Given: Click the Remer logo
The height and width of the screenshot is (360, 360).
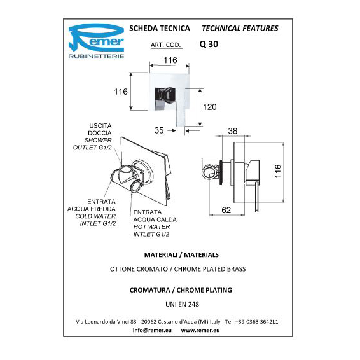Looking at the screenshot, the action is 96,41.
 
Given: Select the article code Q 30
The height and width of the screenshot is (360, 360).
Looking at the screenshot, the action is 209,44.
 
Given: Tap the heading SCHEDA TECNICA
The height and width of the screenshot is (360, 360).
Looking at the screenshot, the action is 160,28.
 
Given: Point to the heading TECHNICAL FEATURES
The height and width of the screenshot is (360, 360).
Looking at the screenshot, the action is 240,28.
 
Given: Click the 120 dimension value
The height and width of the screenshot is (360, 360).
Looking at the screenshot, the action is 210,107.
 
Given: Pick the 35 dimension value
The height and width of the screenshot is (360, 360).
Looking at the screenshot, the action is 159,130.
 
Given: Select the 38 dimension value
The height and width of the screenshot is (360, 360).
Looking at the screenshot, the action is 233,131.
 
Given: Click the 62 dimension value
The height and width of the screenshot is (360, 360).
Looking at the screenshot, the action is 226,210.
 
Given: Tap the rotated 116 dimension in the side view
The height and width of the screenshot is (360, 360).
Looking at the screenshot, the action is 278,171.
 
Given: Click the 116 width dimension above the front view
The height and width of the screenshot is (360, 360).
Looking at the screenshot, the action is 170,60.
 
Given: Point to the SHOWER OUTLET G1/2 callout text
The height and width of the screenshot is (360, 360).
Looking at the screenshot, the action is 92,144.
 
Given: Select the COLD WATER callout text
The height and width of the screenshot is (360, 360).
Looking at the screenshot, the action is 95,216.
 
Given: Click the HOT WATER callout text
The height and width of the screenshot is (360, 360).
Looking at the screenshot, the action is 151,227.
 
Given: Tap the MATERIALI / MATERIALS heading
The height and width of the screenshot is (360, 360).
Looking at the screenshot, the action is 181,255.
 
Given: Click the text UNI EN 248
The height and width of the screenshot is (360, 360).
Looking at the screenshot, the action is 183,304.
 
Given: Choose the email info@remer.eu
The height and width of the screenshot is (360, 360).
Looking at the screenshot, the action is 152,330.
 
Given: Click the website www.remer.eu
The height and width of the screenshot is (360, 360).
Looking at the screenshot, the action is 200,330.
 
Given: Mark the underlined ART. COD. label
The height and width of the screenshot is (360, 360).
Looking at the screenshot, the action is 166,45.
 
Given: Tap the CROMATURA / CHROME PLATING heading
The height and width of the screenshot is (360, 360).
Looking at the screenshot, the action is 181,290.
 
